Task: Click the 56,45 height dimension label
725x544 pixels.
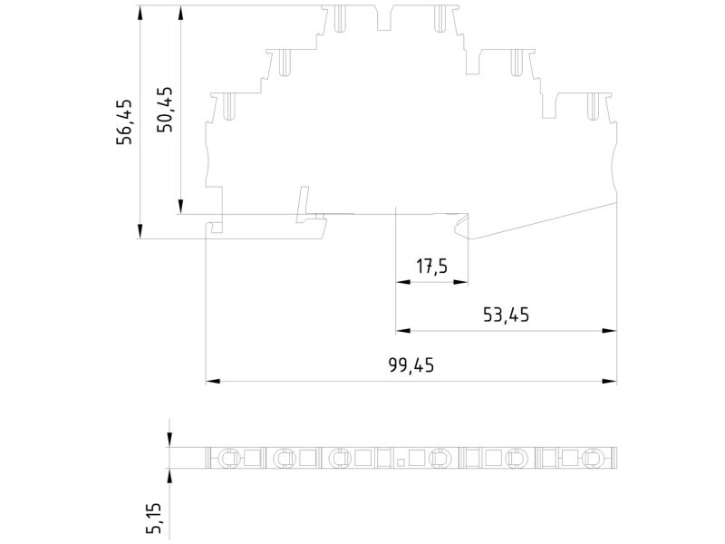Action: coord(124,121)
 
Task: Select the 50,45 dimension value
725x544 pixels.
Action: coord(165,110)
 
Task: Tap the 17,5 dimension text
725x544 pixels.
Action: coord(432,267)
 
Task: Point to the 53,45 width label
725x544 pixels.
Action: coord(506,315)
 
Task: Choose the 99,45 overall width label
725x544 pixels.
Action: coord(411,365)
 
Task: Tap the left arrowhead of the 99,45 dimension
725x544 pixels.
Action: coord(213,381)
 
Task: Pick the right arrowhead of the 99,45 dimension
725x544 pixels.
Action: coord(609,381)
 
